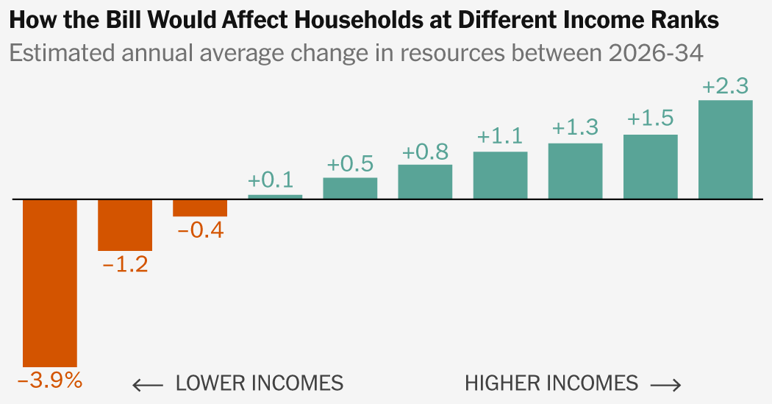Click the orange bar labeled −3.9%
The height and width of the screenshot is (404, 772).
tap(50, 283)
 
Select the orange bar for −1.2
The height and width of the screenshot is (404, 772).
tap(125, 225)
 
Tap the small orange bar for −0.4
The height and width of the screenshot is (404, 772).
tap(200, 208)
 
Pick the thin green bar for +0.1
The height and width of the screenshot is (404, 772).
tap(275, 196)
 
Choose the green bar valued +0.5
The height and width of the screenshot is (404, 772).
tap(350, 188)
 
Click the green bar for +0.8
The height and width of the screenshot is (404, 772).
tap(425, 182)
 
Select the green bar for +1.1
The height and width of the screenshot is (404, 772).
tap(500, 175)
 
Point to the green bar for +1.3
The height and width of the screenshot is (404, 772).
tap(575, 171)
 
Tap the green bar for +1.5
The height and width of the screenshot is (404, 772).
tap(650, 166)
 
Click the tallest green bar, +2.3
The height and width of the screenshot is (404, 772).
tap(725, 149)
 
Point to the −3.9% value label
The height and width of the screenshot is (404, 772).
tap(50, 381)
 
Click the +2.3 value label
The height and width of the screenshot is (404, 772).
tap(725, 86)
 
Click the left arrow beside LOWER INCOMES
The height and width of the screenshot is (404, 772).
tap(148, 385)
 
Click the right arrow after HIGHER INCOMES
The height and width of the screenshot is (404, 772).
tap(666, 385)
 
